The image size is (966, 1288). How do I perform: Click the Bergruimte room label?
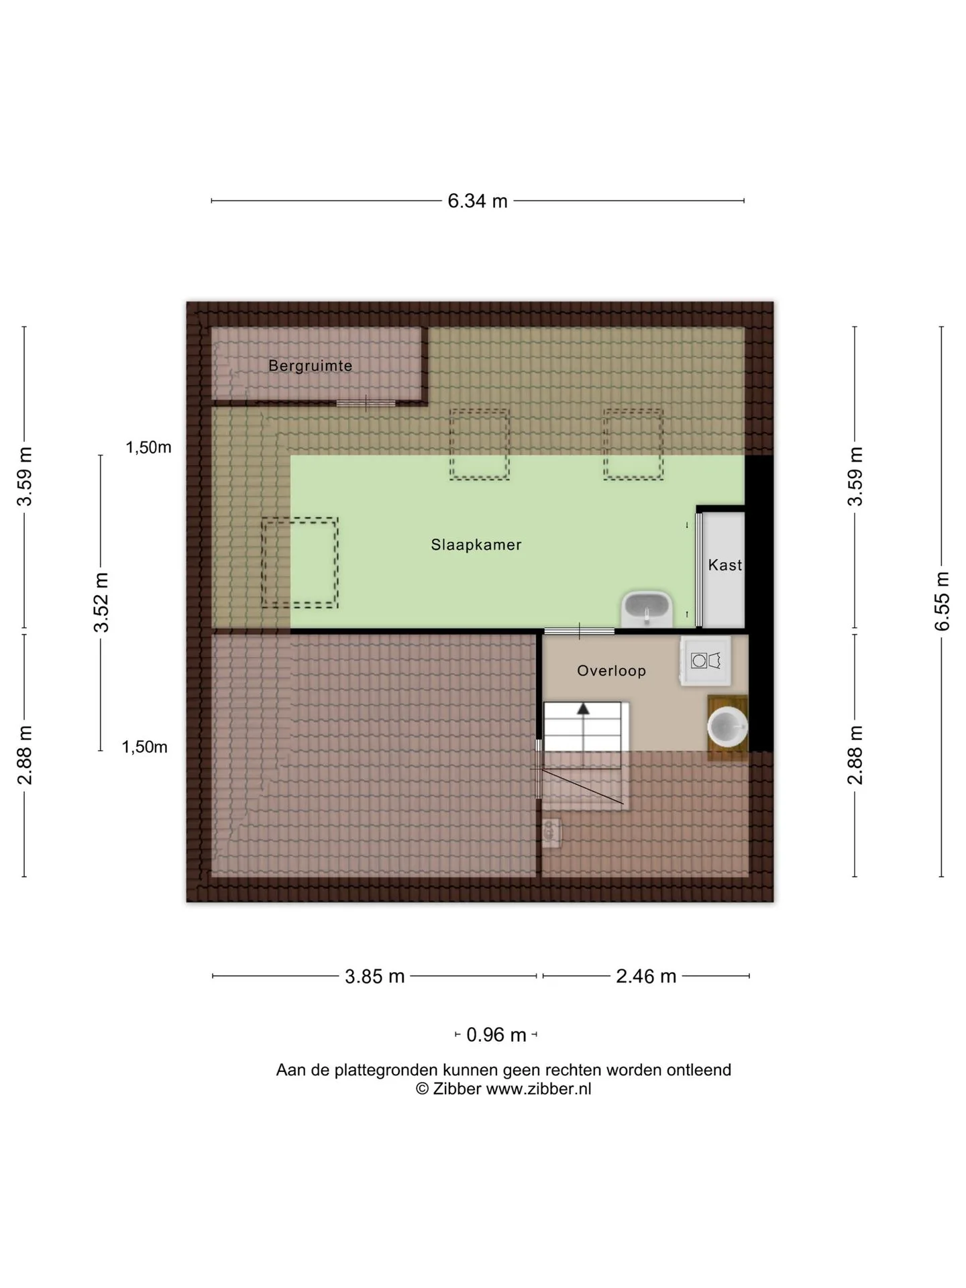(310, 366)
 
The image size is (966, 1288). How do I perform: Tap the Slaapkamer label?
(476, 545)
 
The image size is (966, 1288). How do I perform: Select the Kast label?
(725, 565)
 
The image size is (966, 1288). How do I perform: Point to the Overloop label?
(611, 670)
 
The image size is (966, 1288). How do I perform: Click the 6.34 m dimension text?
(478, 201)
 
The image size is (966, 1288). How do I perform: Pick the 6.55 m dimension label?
(943, 601)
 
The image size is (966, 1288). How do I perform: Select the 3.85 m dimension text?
(374, 976)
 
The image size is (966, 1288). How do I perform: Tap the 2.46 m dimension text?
(646, 976)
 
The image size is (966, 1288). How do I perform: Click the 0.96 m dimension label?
(496, 1034)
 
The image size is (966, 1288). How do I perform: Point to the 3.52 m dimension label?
(101, 602)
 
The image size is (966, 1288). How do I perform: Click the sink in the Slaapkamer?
(647, 608)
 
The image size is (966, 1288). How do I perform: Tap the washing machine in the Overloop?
(705, 661)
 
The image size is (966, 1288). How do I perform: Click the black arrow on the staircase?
(584, 708)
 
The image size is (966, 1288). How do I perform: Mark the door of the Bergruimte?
(366, 403)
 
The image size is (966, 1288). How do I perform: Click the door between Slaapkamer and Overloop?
(579, 631)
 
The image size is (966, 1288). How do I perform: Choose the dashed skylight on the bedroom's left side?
(299, 563)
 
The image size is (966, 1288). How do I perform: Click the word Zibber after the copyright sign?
(457, 1089)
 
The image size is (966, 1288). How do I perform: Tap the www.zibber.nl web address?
(539, 1089)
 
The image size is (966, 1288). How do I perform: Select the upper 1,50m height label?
(148, 447)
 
